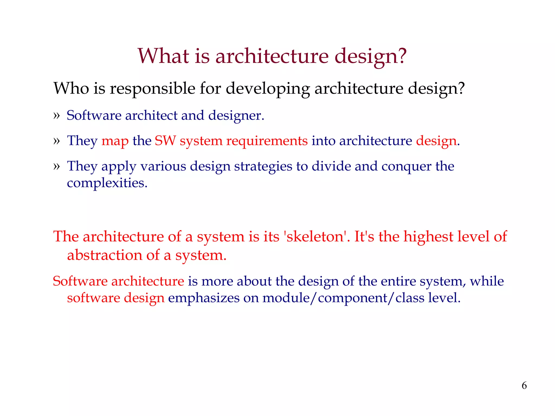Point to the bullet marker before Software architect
(56, 116)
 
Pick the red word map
(115, 141)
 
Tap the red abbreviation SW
(165, 141)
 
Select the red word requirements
(267, 141)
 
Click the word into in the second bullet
(324, 141)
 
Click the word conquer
(406, 166)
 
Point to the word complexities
(107, 183)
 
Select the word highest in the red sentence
(428, 236)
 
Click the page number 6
(524, 385)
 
